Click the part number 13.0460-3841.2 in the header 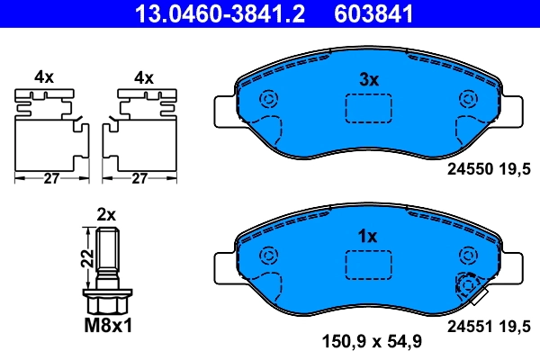[208, 13]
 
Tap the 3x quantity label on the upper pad [368, 80]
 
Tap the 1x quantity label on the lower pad [367, 237]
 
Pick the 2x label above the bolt [106, 215]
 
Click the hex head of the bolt [107, 299]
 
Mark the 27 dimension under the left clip [51, 179]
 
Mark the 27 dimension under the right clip [139, 179]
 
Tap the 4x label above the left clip [44, 78]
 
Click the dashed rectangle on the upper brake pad [368, 106]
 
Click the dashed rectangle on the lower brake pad [368, 264]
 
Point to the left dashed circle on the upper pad [267, 100]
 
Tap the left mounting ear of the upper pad [226, 112]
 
